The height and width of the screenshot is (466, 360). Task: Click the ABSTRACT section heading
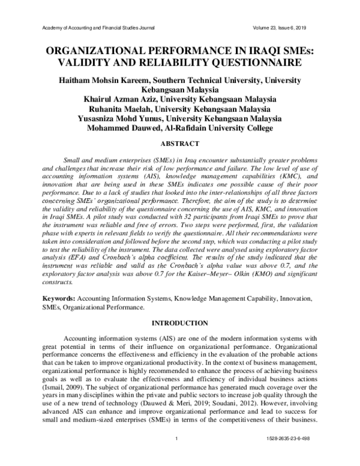pyautogui.click(x=180, y=144)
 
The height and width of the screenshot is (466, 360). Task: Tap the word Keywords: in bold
pyautogui.click(x=58, y=298)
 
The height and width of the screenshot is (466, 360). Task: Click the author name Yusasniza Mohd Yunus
pyautogui.click(x=128, y=118)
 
